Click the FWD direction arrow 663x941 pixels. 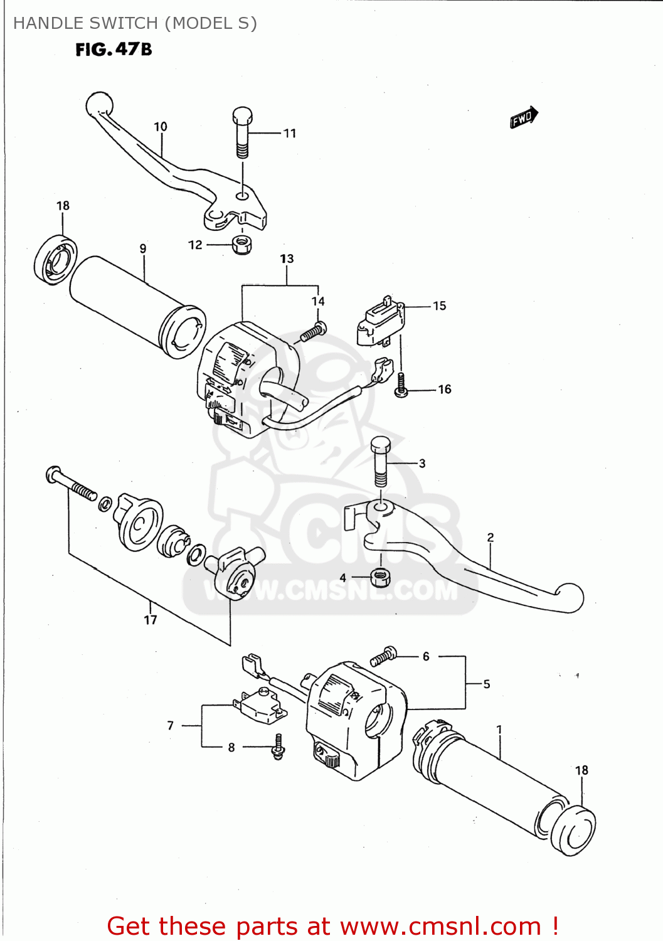click(524, 117)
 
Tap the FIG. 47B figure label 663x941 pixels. click(114, 50)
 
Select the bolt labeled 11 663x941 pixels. click(243, 133)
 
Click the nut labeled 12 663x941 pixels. click(241, 244)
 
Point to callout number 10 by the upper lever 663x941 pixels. click(161, 127)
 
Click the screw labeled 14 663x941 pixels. click(313, 332)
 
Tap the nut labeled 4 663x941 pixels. click(380, 576)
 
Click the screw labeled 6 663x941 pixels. click(383, 656)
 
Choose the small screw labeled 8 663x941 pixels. click(278, 747)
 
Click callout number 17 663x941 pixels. click(151, 620)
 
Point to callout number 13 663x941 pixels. click(287, 259)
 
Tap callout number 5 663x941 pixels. click(487, 684)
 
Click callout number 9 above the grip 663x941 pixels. click(143, 249)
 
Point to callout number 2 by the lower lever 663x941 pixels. click(491, 538)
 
